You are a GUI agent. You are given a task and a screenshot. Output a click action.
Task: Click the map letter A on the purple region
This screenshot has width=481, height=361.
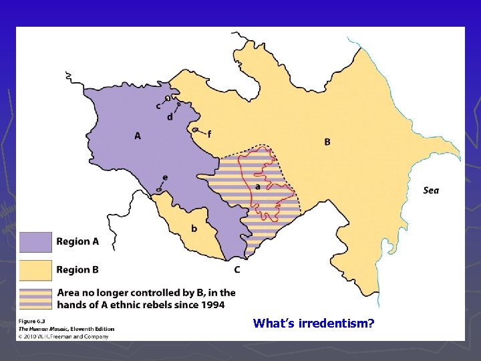138,136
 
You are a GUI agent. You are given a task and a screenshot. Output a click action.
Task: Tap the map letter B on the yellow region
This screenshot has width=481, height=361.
327,142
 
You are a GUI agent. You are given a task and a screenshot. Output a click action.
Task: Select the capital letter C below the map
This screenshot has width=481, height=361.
237,270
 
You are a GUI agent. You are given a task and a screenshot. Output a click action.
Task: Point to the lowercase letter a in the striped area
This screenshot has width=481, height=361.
258,187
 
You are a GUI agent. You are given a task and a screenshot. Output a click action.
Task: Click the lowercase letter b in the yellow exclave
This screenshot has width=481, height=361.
194,229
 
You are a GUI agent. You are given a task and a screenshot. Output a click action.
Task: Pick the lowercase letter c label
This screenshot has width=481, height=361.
158,106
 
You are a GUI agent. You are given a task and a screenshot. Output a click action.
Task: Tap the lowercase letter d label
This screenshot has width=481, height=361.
170,117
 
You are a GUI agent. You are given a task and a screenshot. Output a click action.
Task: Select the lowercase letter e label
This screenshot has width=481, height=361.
165,177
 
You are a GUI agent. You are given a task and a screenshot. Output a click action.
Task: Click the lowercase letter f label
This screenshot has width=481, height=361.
209,134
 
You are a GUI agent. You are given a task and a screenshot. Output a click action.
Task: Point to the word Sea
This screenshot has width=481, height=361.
431,191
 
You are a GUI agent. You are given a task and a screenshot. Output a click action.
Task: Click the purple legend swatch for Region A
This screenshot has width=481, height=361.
35,241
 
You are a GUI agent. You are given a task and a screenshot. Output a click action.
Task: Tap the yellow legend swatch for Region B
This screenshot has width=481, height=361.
35,270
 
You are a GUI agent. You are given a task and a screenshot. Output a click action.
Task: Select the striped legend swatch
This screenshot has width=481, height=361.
35,298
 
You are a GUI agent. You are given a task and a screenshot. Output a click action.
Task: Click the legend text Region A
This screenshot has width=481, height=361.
77,241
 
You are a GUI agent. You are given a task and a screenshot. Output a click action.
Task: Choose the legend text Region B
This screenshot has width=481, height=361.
77,270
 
